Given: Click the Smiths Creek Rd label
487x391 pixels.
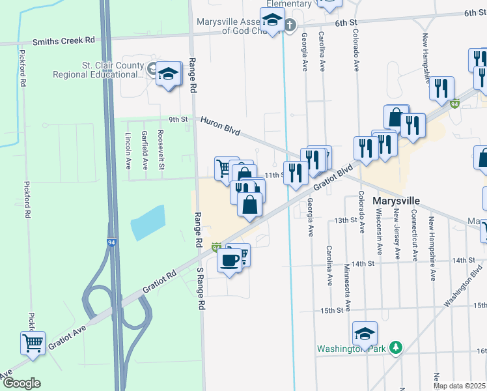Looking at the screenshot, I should (x=68, y=40).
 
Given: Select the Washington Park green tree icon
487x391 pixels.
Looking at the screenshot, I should (x=394, y=347).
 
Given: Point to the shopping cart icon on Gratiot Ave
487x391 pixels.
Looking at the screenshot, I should (x=32, y=341).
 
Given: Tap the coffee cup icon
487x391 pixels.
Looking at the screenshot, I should (x=229, y=261).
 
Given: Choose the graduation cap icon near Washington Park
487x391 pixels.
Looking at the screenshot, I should (x=364, y=334).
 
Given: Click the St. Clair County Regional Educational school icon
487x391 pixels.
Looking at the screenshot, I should (x=169, y=73).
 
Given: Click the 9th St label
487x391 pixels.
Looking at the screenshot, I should (x=178, y=120).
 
